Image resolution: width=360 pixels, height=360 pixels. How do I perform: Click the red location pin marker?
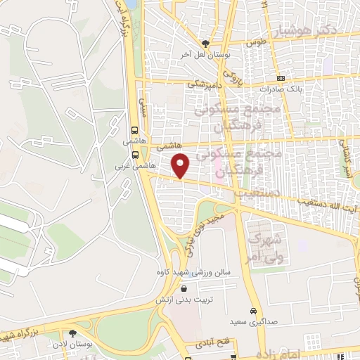[x=181, y=165]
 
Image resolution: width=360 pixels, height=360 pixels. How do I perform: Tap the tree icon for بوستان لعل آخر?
[x=205, y=43]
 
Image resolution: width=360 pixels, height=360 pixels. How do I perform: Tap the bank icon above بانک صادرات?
[x=281, y=78]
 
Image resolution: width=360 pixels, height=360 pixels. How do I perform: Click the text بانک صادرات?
[x=280, y=89]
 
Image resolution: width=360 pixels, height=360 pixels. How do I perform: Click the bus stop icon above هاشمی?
[x=134, y=129]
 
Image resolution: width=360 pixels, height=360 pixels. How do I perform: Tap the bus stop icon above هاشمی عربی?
[x=134, y=155]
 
